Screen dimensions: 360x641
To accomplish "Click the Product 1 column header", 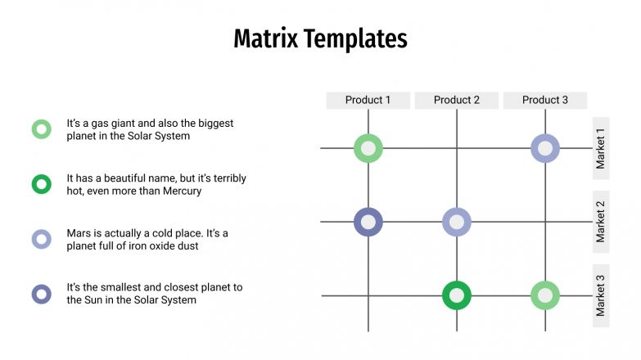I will pyautogui.click(x=368, y=100).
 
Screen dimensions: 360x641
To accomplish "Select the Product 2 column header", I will pyautogui.click(x=456, y=100).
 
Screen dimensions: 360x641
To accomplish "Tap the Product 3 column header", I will pyautogui.click(x=544, y=100).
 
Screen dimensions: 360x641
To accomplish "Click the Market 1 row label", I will pyautogui.click(x=601, y=148).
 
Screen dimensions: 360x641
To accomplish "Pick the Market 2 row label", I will pyautogui.click(x=601, y=222).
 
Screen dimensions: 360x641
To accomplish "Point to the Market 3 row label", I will pyautogui.click(x=601, y=295).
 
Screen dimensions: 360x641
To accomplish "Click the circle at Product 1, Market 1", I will pyautogui.click(x=368, y=148).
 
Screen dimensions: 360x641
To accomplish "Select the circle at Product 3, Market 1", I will pyautogui.click(x=545, y=148).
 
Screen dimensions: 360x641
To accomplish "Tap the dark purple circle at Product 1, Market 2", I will pyautogui.click(x=368, y=222).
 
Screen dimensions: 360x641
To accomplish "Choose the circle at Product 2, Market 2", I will pyautogui.click(x=457, y=222).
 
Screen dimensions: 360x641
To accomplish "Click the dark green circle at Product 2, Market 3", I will pyautogui.click(x=457, y=295).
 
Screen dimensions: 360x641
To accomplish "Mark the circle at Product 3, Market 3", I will pyautogui.click(x=545, y=295).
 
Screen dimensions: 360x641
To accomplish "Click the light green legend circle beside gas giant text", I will pyautogui.click(x=41, y=129).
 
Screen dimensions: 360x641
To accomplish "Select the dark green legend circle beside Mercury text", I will pyautogui.click(x=41, y=184).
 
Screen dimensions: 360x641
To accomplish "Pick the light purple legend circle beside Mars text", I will pyautogui.click(x=41, y=239).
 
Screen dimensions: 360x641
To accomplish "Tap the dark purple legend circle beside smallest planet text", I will pyautogui.click(x=41, y=294).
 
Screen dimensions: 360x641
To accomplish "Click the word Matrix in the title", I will pyautogui.click(x=265, y=38).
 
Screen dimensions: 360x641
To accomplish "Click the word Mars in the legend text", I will pyautogui.click(x=80, y=233).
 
